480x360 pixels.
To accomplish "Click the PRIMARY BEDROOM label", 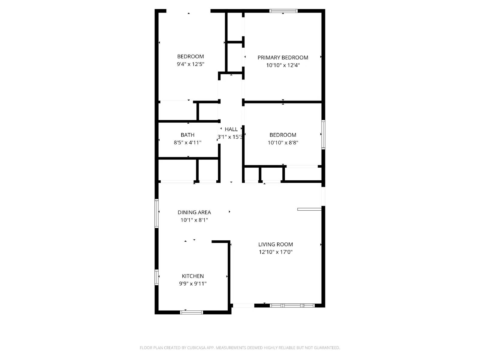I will (x=283, y=58).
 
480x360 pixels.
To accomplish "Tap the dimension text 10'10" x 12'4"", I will (x=283, y=65).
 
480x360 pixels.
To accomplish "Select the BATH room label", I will (x=187, y=135).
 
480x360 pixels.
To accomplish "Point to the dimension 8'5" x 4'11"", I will (x=187, y=142).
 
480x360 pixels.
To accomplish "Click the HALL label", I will (x=231, y=129).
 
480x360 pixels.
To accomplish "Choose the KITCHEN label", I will (x=193, y=276).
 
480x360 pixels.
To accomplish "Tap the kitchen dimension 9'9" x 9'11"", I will (x=193, y=283).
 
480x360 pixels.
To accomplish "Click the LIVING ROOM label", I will (x=275, y=244).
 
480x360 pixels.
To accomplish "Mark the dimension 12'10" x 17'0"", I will (x=275, y=252).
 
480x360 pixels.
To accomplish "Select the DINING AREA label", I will (x=194, y=212).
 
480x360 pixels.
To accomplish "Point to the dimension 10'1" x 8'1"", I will (x=194, y=220).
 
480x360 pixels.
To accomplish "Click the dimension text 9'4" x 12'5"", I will (x=190, y=64).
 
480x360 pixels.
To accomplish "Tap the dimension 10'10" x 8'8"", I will (x=283, y=142).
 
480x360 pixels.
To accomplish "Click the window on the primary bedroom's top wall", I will (x=283, y=11).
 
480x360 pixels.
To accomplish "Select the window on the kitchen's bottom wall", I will (x=191, y=312).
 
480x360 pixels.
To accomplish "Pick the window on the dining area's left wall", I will (x=157, y=213).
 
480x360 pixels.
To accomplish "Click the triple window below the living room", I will (x=292, y=306).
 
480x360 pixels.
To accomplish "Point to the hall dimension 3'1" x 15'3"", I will (x=230, y=137).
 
